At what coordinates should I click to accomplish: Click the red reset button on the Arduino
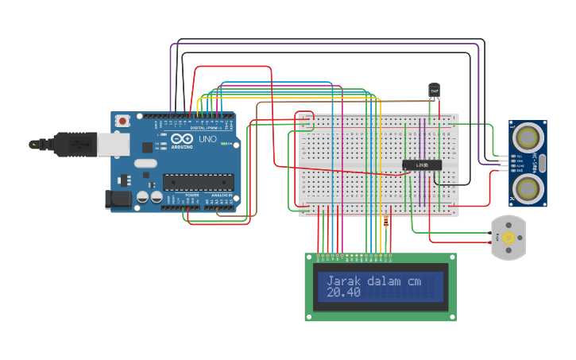[122, 121]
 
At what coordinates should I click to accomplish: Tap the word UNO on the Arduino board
[207, 139]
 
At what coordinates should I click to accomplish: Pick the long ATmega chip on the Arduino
[198, 182]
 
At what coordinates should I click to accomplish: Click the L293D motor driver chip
[421, 165]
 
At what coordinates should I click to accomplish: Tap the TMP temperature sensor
[434, 91]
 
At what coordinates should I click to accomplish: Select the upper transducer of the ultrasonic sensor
[526, 138]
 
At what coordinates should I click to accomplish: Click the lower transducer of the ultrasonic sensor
[526, 187]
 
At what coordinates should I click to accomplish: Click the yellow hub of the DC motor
[508, 238]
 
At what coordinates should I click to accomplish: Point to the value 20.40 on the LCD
[343, 292]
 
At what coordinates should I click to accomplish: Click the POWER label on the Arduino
[191, 195]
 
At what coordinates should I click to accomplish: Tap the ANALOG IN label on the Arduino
[220, 195]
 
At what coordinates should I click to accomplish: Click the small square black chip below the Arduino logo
[147, 147]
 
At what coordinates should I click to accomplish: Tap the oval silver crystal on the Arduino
[145, 163]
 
